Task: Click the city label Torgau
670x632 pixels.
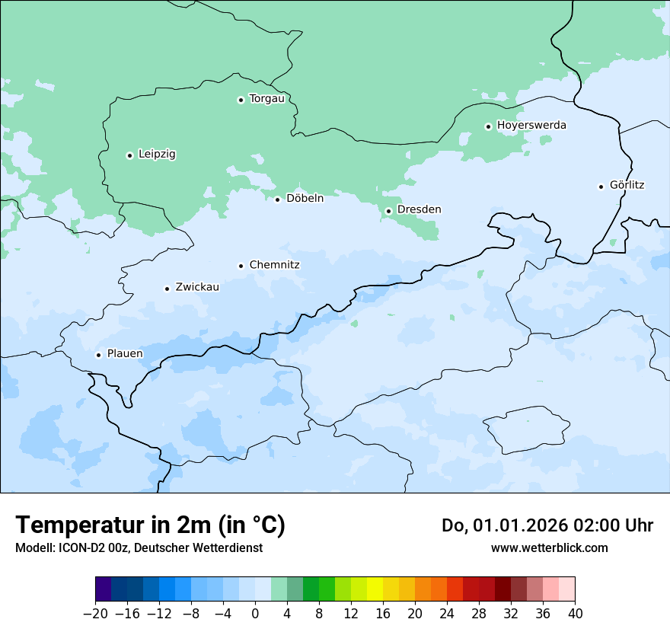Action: click(x=266, y=99)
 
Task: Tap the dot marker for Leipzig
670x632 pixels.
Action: click(x=129, y=155)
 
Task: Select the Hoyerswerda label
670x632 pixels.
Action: click(x=531, y=125)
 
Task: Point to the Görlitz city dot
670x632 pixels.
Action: click(x=601, y=187)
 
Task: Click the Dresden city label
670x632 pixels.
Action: click(x=419, y=209)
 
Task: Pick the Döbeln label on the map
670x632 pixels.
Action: click(x=305, y=198)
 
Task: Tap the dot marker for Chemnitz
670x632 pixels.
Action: click(x=241, y=266)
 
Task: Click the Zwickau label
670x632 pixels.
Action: click(x=197, y=287)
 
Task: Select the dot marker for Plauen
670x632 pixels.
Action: click(x=98, y=355)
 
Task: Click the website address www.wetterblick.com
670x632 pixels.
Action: click(x=549, y=547)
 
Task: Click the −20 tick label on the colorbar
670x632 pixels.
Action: click(x=95, y=614)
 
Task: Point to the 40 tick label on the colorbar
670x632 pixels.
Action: click(x=575, y=614)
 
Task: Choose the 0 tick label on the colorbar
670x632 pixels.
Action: click(x=255, y=614)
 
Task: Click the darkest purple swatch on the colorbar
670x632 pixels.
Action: click(x=104, y=589)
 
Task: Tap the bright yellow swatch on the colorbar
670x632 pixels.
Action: click(x=375, y=589)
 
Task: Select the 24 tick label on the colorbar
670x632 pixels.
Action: click(x=447, y=614)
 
